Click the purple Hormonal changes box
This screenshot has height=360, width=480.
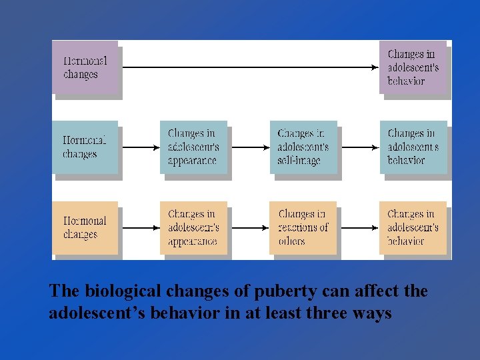pos(85,67)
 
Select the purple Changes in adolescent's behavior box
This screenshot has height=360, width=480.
pos(413,67)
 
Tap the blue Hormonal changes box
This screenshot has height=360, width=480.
pos(85,147)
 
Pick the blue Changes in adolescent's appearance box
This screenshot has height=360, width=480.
pos(193,147)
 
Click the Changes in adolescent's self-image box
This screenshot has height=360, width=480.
pos(303,147)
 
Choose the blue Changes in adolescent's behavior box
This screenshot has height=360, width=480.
pos(413,147)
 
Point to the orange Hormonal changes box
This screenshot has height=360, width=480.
pos(85,227)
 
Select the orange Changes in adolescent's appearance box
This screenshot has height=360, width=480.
pos(193,227)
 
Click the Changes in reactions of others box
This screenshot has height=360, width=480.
pos(303,227)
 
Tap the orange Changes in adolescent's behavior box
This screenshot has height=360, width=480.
pos(413,227)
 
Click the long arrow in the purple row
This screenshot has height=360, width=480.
pos(250,67)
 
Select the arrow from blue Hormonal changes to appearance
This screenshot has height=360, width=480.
pos(139,147)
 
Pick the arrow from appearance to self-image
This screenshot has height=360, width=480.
pos(249,147)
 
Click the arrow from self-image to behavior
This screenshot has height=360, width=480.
pos(359,147)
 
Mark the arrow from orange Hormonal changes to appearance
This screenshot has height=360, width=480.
pos(139,227)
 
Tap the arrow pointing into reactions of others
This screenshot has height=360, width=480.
pos(249,227)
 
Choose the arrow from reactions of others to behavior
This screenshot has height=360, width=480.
pos(359,227)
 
